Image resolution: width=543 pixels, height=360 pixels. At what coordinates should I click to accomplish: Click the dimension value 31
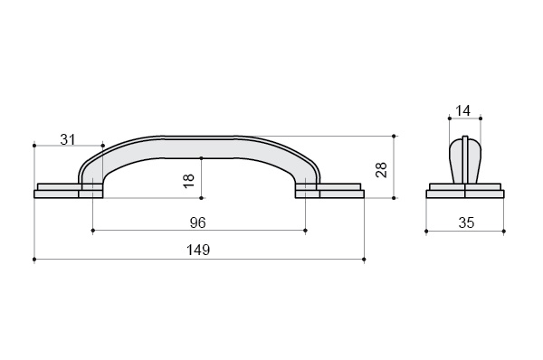tap(68, 139)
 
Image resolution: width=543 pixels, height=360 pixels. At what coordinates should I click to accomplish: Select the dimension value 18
tap(189, 181)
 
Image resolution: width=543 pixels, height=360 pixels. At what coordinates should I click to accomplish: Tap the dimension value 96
tap(197, 223)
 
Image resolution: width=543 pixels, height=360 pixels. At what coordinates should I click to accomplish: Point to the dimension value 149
tap(198, 250)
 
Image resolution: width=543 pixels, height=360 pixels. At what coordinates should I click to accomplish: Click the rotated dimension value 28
tap(381, 170)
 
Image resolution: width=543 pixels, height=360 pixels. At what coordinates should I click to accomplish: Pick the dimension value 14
tap(462, 110)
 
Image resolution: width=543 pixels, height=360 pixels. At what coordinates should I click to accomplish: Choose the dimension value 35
tap(466, 223)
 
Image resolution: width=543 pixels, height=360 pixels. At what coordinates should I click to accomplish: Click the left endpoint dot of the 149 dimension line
tap(34, 259)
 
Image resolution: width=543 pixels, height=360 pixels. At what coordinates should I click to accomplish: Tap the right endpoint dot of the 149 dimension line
tap(364, 259)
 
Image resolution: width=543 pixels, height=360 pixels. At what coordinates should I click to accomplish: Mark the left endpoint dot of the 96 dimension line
tap(93, 230)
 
